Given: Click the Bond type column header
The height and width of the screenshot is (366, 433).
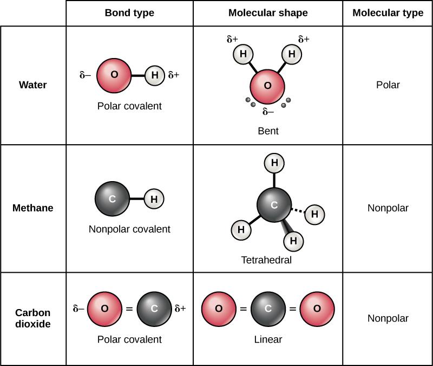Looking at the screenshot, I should pos(129,13).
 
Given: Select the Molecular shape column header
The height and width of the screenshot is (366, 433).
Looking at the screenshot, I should pos(268,13).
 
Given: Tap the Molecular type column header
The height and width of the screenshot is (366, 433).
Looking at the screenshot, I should pos(388,13).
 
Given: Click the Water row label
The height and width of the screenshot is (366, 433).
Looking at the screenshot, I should pos(32,85).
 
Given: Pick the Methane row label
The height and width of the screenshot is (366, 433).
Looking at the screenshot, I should pos(32,208).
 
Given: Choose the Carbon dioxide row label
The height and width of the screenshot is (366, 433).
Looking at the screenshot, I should pos(32,318).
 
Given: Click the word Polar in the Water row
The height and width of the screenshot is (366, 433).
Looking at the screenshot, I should pos(388,85).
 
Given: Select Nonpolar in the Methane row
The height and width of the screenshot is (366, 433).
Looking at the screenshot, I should pos(388,208).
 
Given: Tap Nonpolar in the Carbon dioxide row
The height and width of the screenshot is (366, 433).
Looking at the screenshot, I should pos(388,318).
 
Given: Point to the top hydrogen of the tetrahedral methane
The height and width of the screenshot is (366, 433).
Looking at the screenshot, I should pos(274,163).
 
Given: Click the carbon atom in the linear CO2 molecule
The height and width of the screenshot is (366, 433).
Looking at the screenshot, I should pos(268,309).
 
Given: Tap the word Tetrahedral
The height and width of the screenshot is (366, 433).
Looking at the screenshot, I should pos(266,260).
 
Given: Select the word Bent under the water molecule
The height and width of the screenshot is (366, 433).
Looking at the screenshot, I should pos(268,131).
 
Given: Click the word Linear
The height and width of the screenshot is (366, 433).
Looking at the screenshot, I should pos(268,340).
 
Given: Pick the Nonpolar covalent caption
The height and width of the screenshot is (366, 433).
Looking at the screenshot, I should pos(129,229).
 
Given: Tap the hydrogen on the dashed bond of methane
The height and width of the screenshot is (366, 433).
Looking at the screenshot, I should pos(314,214).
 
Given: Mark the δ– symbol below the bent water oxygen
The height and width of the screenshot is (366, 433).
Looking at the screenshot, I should pos(268,112).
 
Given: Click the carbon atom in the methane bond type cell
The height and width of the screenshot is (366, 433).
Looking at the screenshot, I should pos(111,199).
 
